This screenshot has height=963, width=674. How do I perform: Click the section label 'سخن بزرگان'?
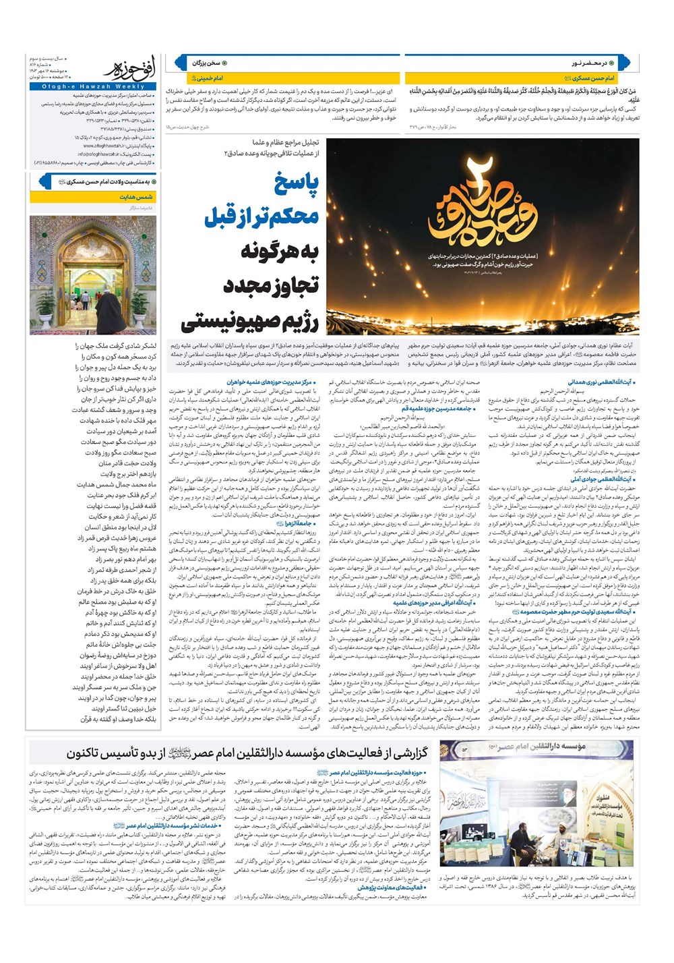pyautogui.click(x=207, y=63)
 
